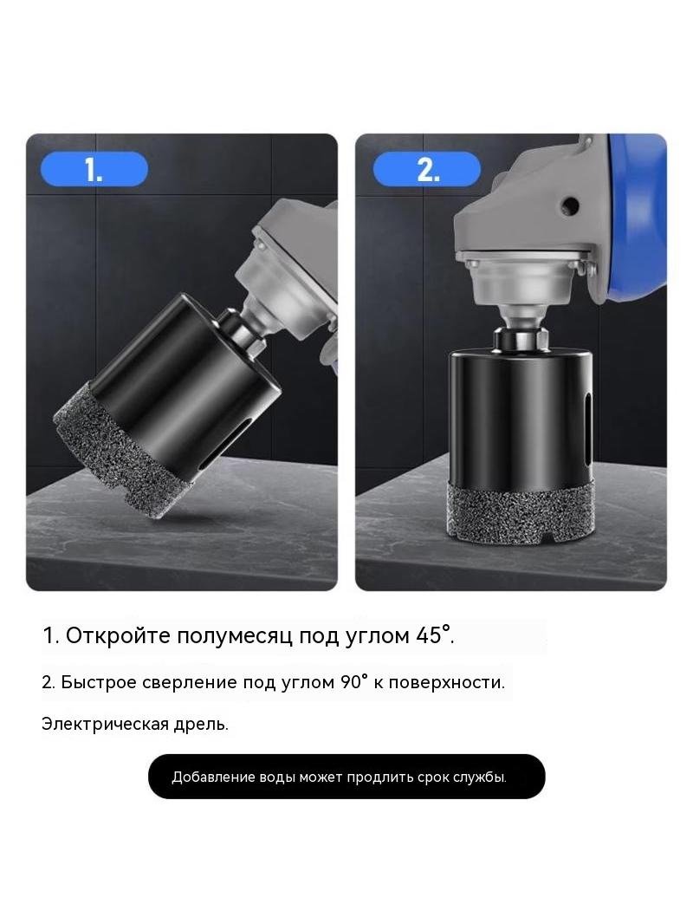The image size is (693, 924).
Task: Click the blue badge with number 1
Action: [x=94, y=169]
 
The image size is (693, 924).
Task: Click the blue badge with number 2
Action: [x=427, y=169]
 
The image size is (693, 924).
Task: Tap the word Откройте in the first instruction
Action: [x=119, y=636]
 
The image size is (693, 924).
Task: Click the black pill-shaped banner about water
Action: [x=346, y=777]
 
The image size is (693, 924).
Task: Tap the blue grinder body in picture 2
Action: [x=636, y=212]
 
